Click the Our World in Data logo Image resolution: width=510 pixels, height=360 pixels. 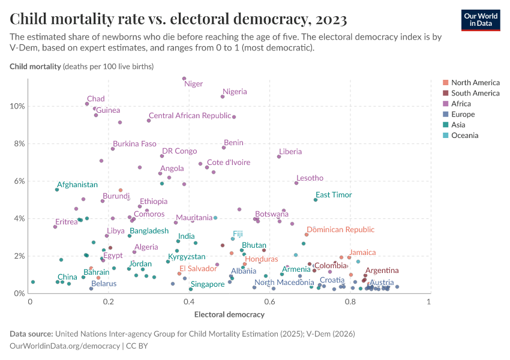coord(480,20)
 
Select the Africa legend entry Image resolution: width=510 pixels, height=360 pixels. coord(463,104)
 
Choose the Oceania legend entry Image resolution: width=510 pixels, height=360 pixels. coord(464,136)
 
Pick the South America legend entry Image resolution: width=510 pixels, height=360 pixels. coord(475,93)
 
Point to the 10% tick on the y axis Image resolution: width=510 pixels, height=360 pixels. coord(17,106)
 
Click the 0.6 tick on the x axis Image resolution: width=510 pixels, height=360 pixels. coord(269,301)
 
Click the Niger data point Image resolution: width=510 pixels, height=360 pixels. coord(184,79)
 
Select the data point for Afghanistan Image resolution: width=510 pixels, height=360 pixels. coord(57,190)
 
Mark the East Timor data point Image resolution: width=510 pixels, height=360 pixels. coord(316,200)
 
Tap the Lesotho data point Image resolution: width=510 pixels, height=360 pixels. coord(296,183)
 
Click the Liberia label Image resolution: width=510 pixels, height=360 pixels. coord(290,152)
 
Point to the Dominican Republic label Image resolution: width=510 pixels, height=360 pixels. coord(340,230)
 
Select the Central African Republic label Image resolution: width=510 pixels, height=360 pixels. coord(190,115)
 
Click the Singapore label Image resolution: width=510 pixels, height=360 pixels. coord(207,284)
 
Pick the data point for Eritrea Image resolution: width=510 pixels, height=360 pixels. coord(55,227)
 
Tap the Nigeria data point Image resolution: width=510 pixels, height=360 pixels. coord(223,97)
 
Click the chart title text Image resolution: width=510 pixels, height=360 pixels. coord(178,20)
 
